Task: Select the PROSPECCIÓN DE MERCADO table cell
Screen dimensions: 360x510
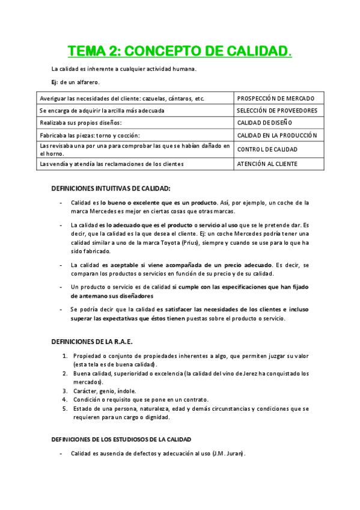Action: [275, 98]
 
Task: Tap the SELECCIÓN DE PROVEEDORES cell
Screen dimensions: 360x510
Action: [276, 111]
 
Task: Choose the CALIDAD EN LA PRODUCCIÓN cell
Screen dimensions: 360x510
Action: [277, 135]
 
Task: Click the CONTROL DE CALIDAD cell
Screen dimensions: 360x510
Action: [267, 149]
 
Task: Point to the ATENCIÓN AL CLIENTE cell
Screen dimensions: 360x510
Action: [267, 164]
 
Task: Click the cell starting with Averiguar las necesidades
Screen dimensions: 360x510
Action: [121, 98]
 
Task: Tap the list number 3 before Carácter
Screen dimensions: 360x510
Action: [65, 390]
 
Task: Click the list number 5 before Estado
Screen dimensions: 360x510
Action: [65, 408]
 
